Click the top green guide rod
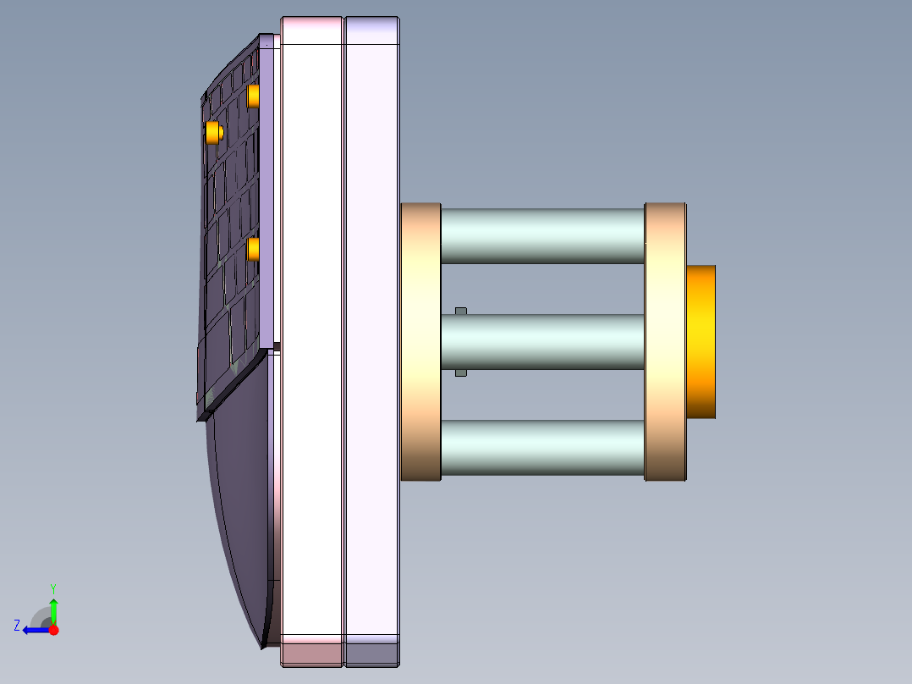coord(541,235)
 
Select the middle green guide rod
coord(541,341)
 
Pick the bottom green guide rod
coord(541,447)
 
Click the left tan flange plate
coord(420,342)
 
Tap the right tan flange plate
coord(665,342)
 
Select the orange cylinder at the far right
coord(700,342)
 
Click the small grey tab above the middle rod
coord(461,311)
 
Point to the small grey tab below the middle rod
coord(461,372)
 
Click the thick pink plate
coord(311,339)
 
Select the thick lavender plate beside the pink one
coord(371,339)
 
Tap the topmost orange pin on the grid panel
coord(253,96)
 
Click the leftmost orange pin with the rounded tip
coord(212,132)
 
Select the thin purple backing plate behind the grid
coord(269,195)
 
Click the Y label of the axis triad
coord(52,587)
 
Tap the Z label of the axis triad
coord(17,626)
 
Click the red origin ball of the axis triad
coord(53,630)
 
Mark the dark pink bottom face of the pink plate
coord(311,654)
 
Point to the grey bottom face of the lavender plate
coord(371,654)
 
